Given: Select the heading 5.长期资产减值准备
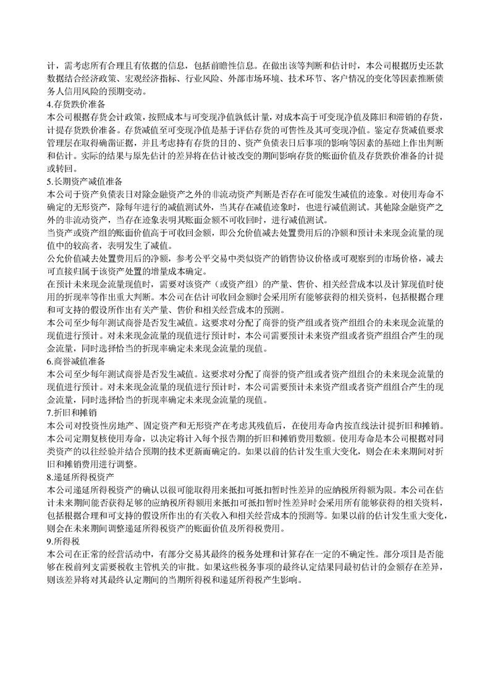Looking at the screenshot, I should pos(81,181).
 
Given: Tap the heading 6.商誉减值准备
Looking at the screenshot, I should pos(77,361).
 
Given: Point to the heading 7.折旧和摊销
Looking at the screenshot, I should pos(72,412).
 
